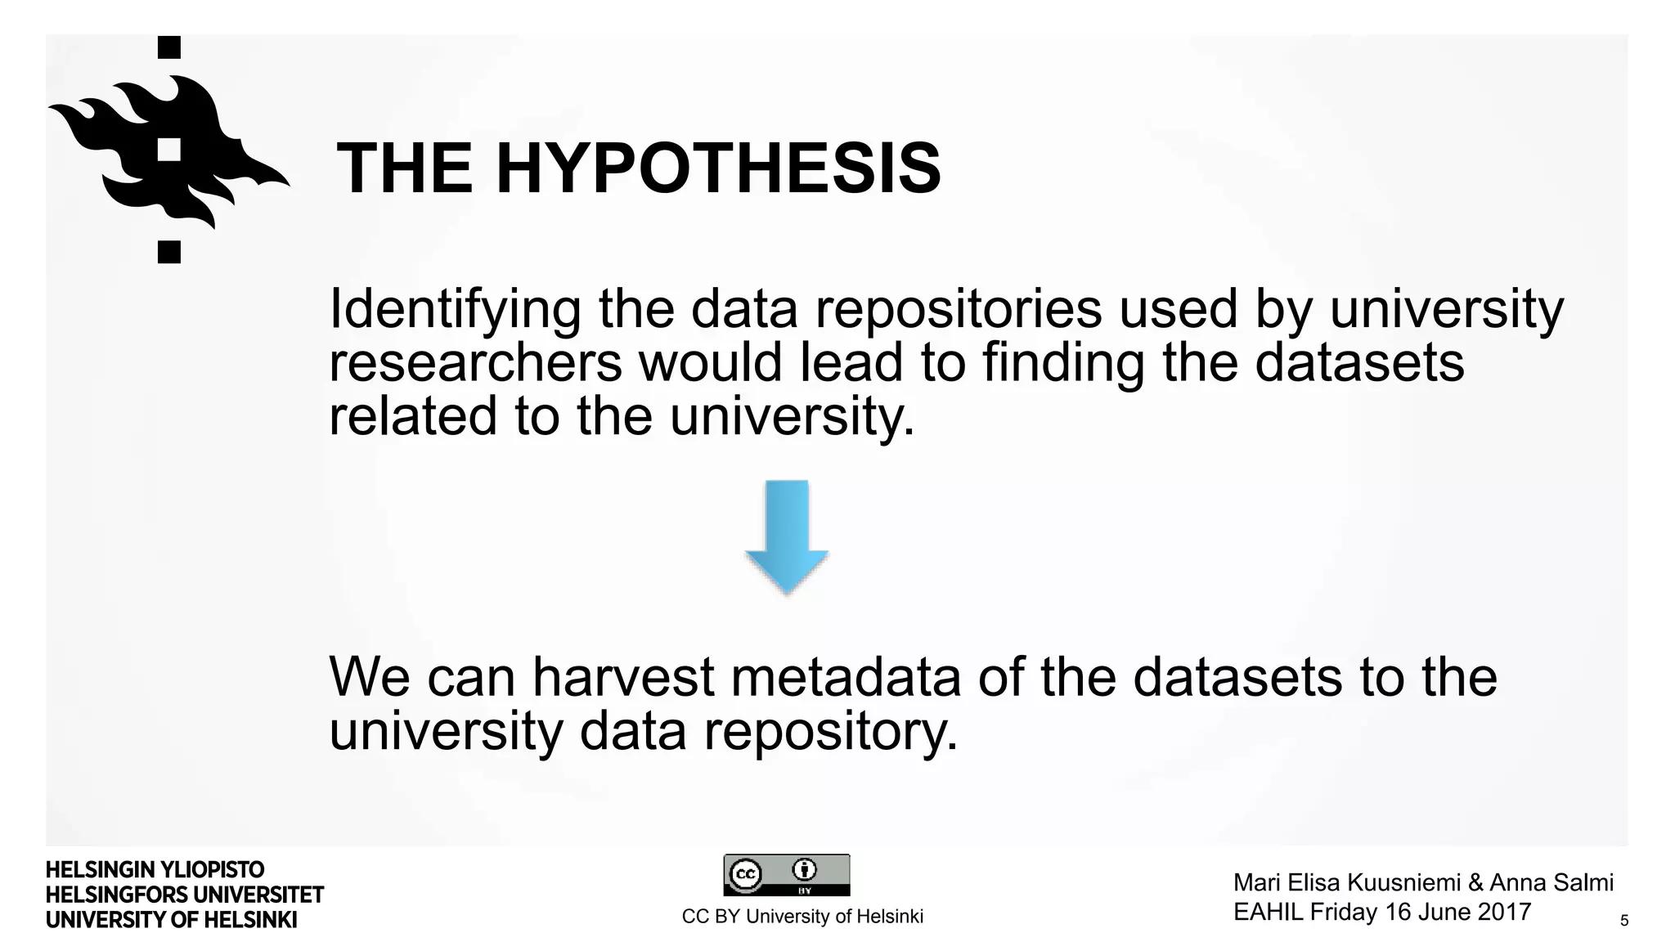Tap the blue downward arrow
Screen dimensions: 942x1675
[x=787, y=536]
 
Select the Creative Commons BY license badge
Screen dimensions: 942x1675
[x=786, y=875]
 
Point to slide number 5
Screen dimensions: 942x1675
[x=1624, y=921]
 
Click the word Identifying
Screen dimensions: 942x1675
[x=455, y=311]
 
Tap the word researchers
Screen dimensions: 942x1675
[x=475, y=363]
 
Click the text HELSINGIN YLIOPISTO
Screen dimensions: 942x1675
[x=155, y=870]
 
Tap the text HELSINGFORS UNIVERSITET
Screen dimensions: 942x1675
[x=185, y=895]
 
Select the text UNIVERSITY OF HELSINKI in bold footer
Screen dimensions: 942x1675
[x=171, y=920]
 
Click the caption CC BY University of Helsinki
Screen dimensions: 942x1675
[x=802, y=917]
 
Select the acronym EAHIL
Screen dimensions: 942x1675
[x=1268, y=912]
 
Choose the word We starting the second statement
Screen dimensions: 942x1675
[x=369, y=677]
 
